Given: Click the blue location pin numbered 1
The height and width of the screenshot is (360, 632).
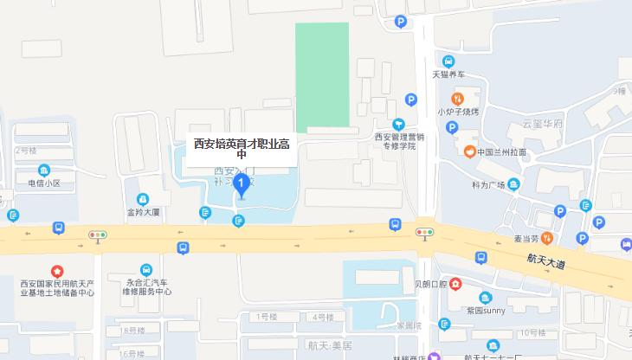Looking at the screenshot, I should pyautogui.click(x=242, y=184).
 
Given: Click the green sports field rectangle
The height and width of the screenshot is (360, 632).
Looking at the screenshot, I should pyautogui.click(x=322, y=74).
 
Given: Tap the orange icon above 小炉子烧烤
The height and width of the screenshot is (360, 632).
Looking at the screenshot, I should pyautogui.click(x=457, y=98).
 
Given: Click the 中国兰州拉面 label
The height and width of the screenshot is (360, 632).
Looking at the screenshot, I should pyautogui.click(x=501, y=152).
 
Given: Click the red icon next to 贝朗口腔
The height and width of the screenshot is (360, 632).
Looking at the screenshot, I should pyautogui.click(x=455, y=283).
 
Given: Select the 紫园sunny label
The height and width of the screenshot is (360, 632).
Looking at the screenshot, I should pyautogui.click(x=485, y=310).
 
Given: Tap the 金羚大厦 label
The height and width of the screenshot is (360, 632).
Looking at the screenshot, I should pyautogui.click(x=143, y=211).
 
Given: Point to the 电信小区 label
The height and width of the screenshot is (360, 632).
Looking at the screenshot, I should pyautogui.click(x=44, y=183).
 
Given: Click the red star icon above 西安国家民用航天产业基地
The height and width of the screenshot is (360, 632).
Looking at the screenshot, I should pyautogui.click(x=57, y=271).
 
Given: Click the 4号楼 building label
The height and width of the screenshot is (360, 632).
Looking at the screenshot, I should pyautogui.click(x=323, y=318).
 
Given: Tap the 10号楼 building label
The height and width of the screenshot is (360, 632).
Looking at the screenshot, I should pyautogui.click(x=533, y=332).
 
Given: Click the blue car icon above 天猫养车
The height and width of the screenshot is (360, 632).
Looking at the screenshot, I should pyautogui.click(x=448, y=61).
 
